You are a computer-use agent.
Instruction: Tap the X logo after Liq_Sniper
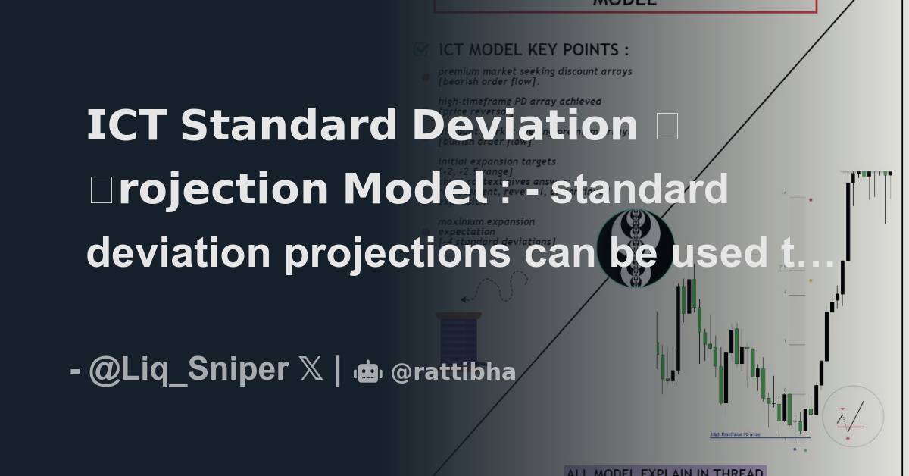click(311, 370)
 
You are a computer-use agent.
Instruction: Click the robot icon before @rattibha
click(368, 371)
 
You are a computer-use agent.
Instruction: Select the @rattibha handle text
click(453, 372)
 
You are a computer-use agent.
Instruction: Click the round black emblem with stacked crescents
click(635, 249)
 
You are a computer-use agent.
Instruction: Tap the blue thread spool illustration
click(458, 337)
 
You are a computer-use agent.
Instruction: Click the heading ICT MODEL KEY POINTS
click(533, 50)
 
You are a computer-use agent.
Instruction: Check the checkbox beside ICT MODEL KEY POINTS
click(421, 50)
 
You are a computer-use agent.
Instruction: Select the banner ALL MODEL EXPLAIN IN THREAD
click(665, 471)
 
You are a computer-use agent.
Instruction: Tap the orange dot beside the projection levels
click(811, 280)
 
